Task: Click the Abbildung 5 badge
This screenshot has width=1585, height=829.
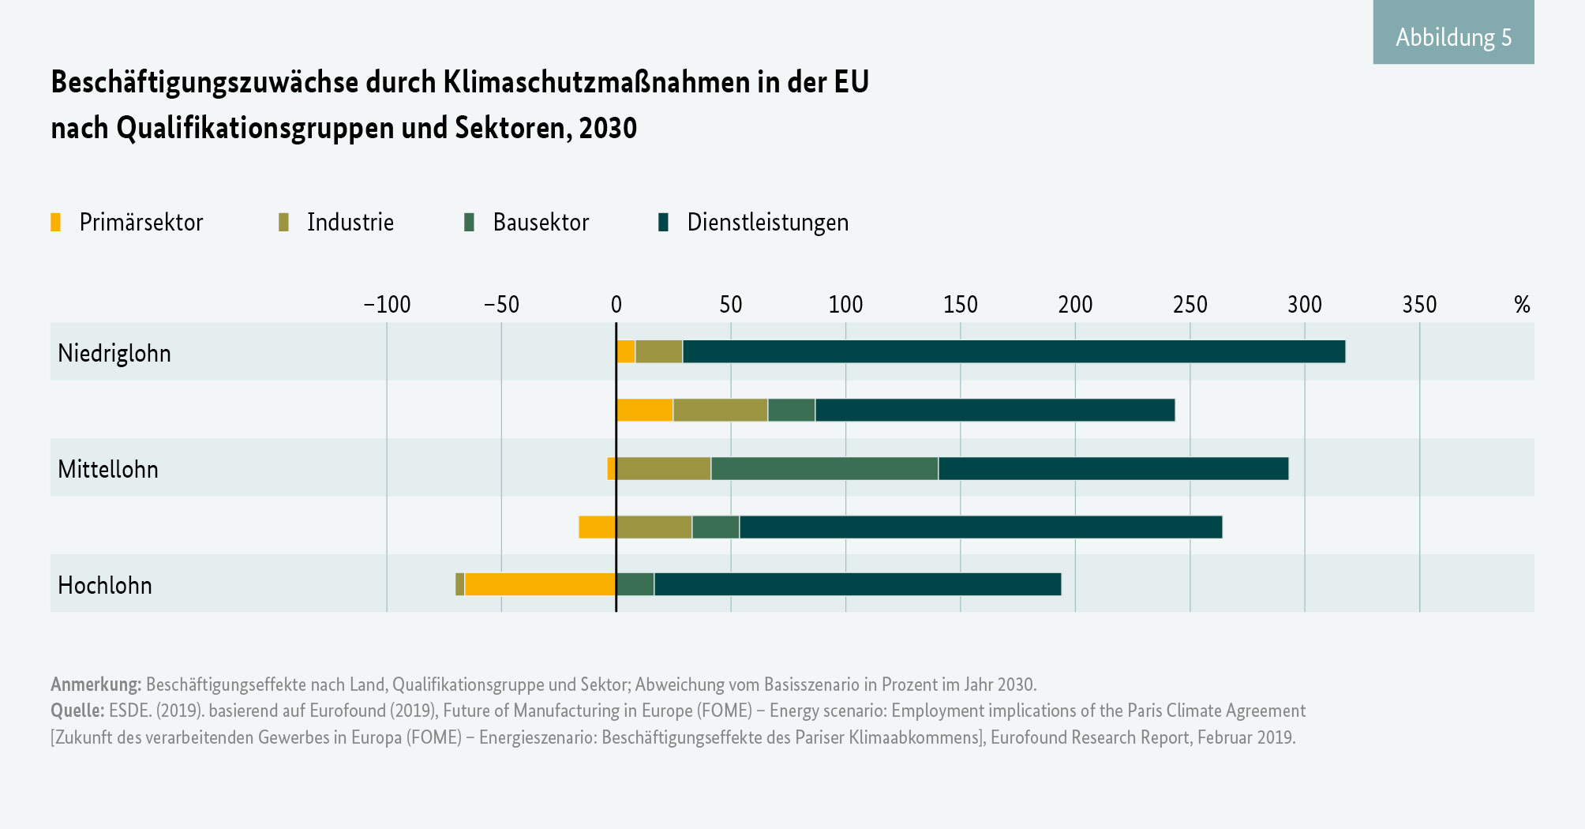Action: [x=1453, y=36]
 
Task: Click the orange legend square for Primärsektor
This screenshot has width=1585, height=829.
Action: [x=55, y=223]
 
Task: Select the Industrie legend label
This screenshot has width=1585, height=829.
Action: [x=350, y=223]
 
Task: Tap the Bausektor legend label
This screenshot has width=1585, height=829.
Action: [x=541, y=223]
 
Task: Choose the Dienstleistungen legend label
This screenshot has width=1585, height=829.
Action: [x=767, y=223]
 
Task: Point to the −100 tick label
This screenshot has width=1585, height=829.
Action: [x=386, y=305]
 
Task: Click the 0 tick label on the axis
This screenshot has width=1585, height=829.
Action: [x=616, y=305]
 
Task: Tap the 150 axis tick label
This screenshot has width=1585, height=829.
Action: [x=960, y=305]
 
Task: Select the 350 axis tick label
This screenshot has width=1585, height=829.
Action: [x=1419, y=305]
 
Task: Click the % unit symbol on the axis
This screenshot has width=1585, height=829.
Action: [x=1522, y=305]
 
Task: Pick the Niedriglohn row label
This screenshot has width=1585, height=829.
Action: [x=114, y=353]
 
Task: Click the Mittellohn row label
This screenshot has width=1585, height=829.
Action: [x=108, y=469]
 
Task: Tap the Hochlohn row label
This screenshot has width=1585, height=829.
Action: [x=105, y=585]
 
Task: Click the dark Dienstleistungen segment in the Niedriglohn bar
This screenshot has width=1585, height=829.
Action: [x=1014, y=352]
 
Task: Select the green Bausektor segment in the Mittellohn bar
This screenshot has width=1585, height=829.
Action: [x=824, y=469]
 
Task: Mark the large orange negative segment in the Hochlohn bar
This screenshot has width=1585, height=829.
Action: [x=540, y=584]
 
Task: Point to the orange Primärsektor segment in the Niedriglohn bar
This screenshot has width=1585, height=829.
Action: [x=625, y=352]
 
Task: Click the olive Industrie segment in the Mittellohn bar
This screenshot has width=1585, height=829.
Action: [x=663, y=469]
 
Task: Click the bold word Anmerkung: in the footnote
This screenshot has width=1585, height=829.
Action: [x=96, y=684]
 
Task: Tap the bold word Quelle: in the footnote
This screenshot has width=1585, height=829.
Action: [x=77, y=711]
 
